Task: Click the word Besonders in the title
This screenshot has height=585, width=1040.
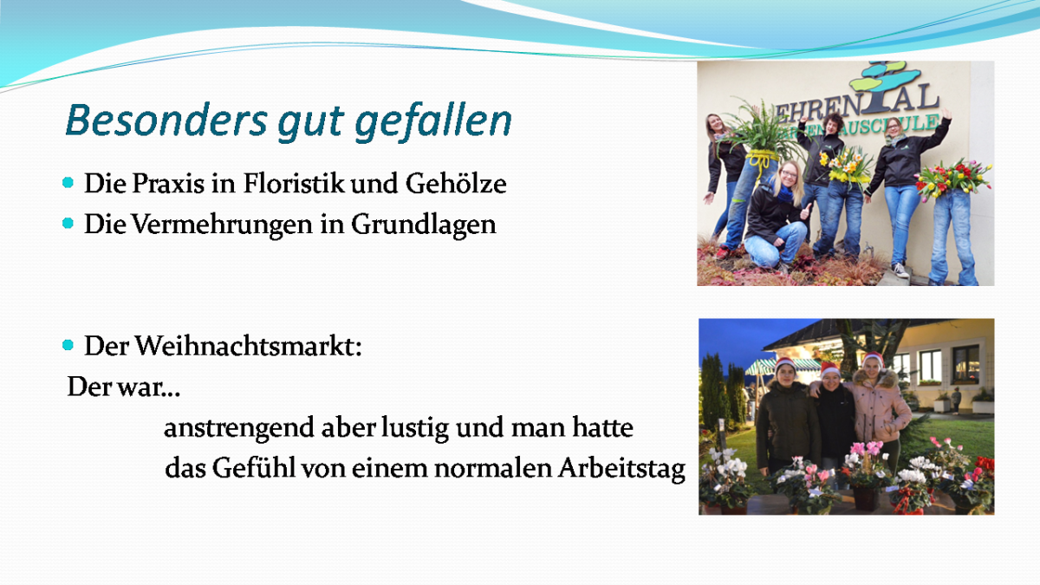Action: tap(166, 120)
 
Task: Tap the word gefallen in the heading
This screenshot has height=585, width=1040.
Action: tap(433, 121)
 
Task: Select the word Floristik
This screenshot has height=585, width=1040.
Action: tap(294, 183)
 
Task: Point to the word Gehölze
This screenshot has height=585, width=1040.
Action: tap(456, 183)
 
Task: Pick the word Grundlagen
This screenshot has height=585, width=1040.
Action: tap(424, 225)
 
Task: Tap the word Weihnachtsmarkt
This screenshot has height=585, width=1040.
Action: tap(249, 347)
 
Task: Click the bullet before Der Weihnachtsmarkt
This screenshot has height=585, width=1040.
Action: tap(68, 345)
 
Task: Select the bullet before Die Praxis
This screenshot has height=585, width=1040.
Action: tap(68, 183)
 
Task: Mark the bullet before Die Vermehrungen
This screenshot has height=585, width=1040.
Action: tap(68, 224)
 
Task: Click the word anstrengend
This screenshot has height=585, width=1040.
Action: tap(238, 428)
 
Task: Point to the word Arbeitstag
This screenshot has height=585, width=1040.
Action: tap(621, 469)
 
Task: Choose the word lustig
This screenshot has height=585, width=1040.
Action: tap(415, 428)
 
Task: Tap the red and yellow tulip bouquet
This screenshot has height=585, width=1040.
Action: tap(952, 179)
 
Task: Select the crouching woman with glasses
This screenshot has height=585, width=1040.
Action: tap(777, 217)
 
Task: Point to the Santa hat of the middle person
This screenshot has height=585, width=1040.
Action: tap(829, 370)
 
